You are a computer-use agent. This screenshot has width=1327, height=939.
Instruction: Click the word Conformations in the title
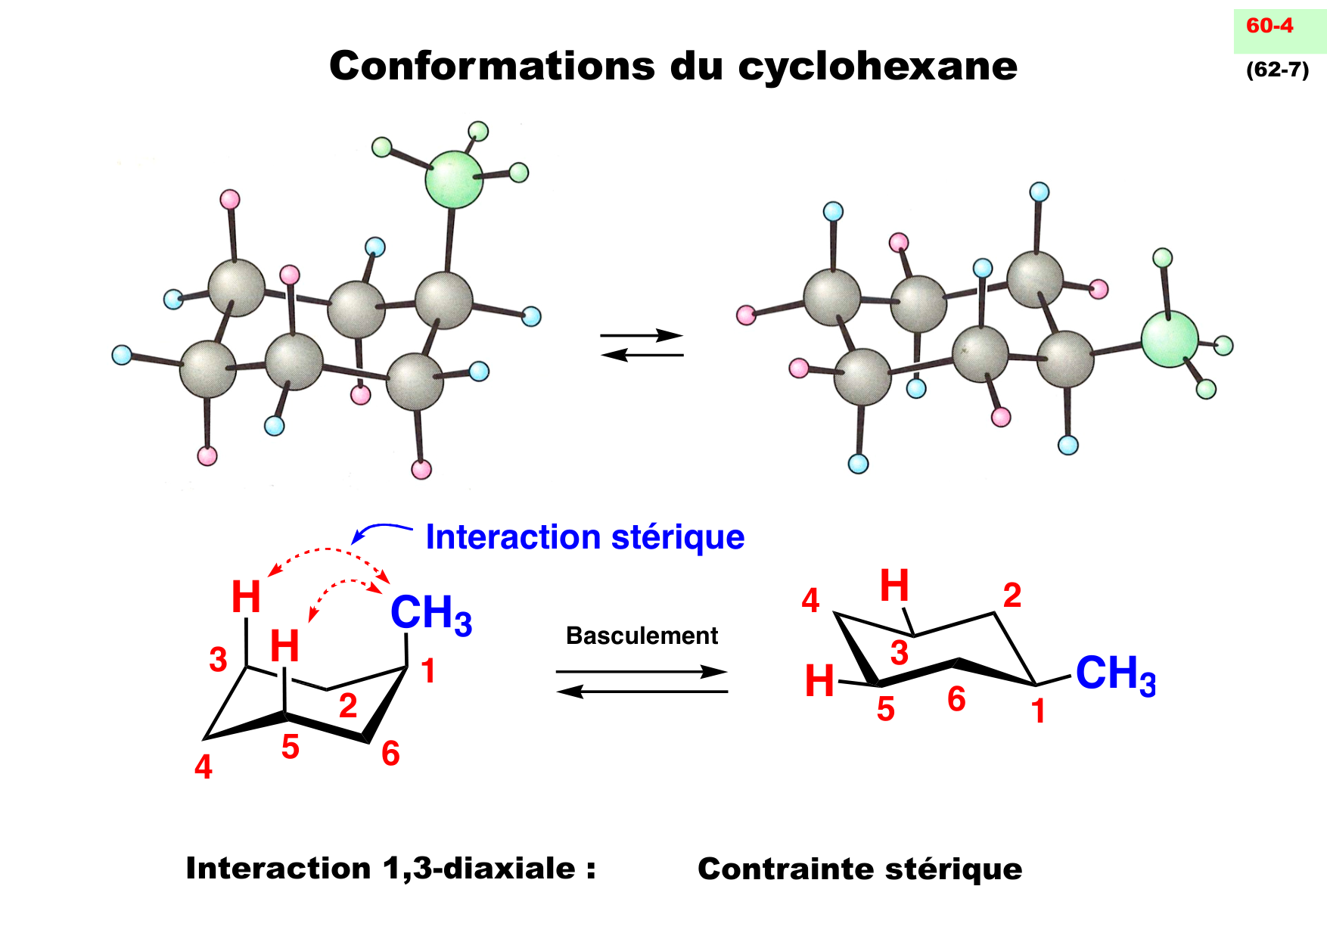(493, 66)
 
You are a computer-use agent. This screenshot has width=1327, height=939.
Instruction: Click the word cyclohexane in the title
(878, 67)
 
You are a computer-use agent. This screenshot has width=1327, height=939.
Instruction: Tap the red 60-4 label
(1270, 26)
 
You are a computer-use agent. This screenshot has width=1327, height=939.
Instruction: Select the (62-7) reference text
(1277, 70)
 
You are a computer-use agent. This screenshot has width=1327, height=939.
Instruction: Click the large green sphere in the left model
(453, 179)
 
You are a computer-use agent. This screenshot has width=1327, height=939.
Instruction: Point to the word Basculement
(642, 636)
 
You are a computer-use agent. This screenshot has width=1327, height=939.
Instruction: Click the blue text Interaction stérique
(585, 537)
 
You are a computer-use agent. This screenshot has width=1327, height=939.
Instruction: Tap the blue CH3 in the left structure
(430, 614)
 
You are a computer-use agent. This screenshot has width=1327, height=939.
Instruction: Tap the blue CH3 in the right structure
(1115, 673)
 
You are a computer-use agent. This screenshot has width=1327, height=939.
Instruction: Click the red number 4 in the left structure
(204, 767)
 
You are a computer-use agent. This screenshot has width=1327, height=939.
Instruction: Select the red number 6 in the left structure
(390, 754)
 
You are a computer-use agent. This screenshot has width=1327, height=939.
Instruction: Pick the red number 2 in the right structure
(1012, 596)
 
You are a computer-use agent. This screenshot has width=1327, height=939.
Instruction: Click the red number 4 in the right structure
(810, 601)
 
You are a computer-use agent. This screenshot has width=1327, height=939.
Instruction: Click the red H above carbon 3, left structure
(246, 597)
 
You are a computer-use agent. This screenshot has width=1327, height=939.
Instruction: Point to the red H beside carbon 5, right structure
(819, 681)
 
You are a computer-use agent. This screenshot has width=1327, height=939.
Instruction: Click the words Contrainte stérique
(859, 869)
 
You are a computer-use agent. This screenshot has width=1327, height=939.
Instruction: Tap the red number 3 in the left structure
(218, 660)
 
